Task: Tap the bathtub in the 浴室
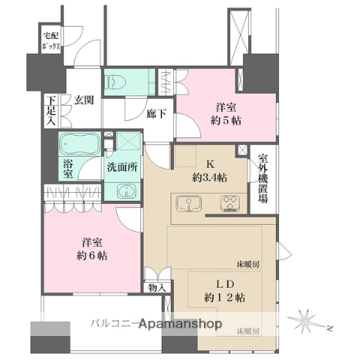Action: pos(80,144)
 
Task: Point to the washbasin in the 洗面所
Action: pos(127,191)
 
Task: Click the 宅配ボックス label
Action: pos(51,41)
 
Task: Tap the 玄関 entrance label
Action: pos(84,100)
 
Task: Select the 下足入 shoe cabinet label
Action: pos(52,111)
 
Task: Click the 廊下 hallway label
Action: pos(156,114)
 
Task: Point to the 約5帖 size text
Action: pos(226,121)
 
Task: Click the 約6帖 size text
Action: pos(92,256)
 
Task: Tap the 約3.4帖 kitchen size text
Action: pos(210,178)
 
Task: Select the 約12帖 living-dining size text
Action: pos(225,298)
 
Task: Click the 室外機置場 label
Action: pos(263,178)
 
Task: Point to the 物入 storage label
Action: pos(157,287)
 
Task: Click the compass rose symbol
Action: pos(305,321)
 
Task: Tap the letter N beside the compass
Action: pos(330,328)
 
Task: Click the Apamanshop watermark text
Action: pos(181,324)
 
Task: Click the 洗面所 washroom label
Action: pos(122,167)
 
